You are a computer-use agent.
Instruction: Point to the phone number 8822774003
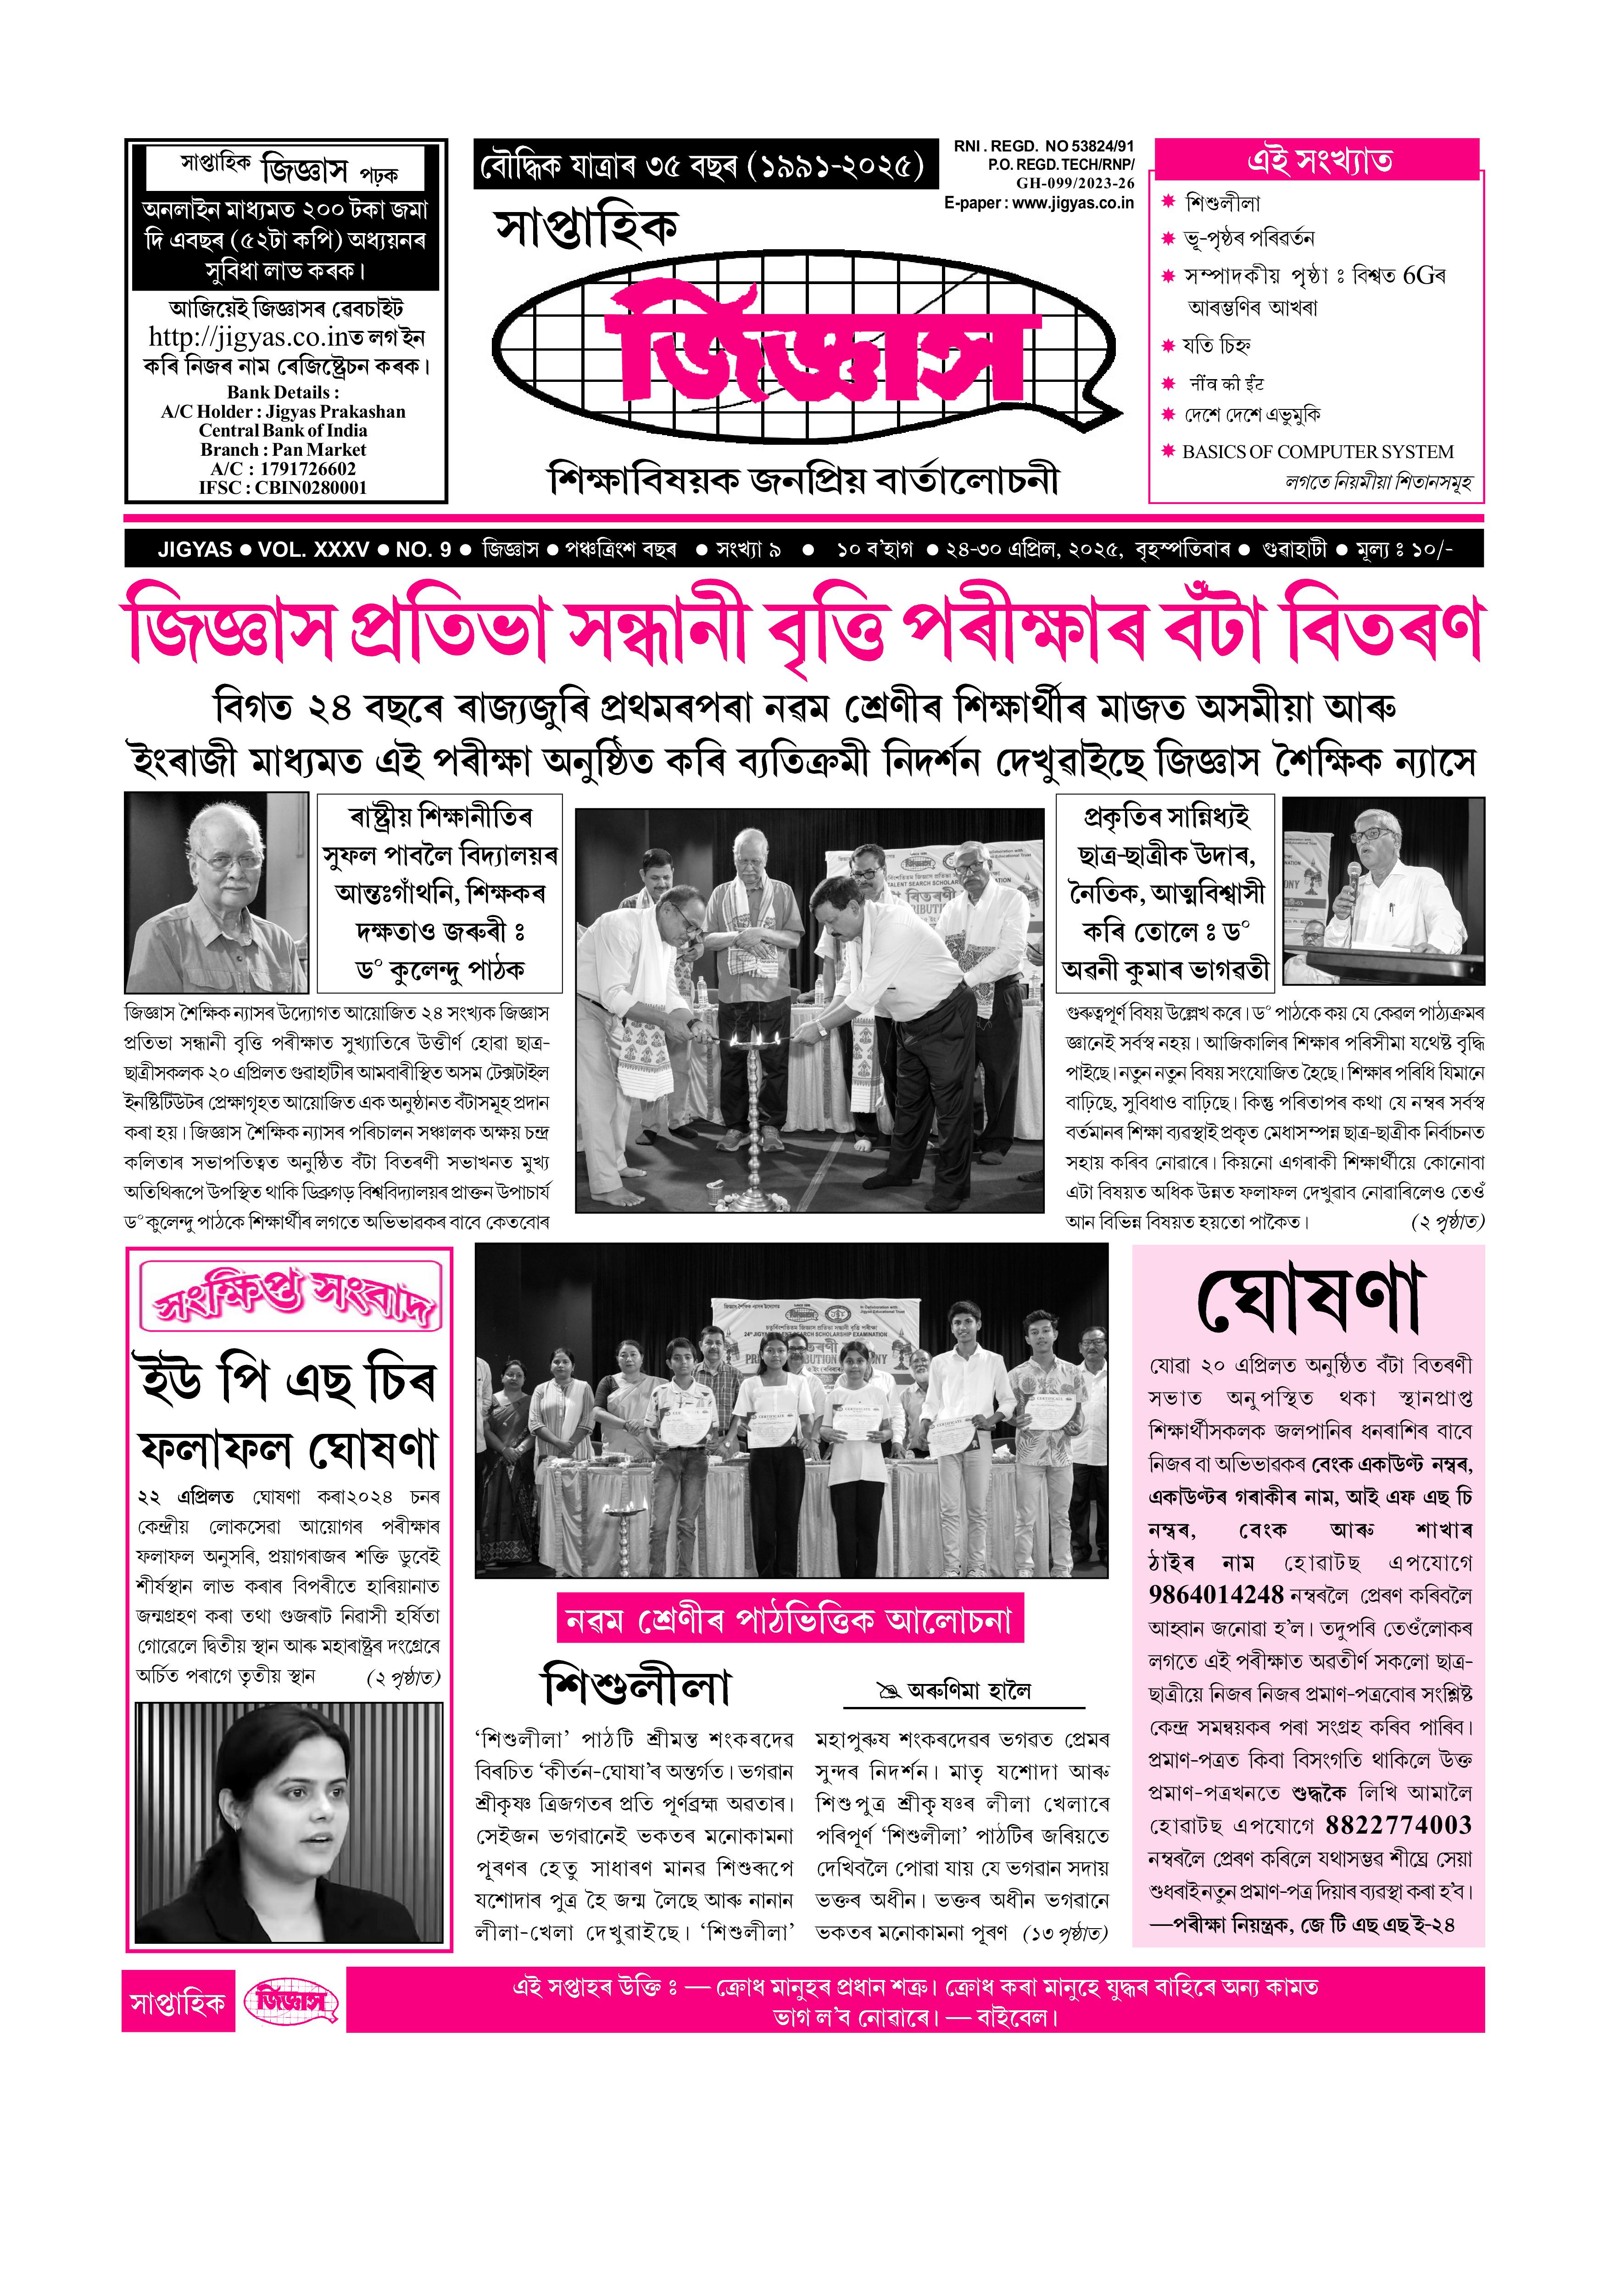click(1398, 1826)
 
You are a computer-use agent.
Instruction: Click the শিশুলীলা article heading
click(636, 1687)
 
